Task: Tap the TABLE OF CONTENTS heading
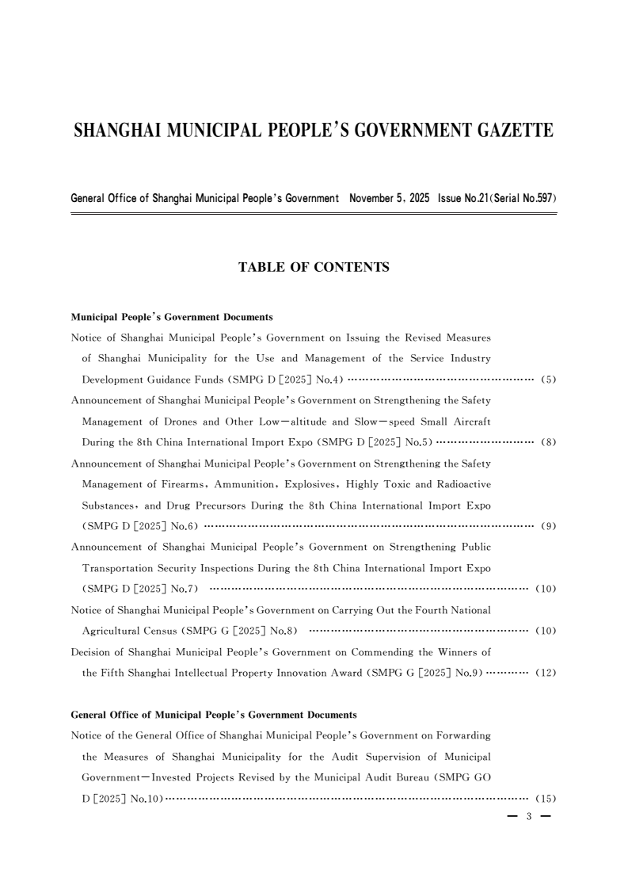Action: tap(314, 268)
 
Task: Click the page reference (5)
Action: tap(548, 379)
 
